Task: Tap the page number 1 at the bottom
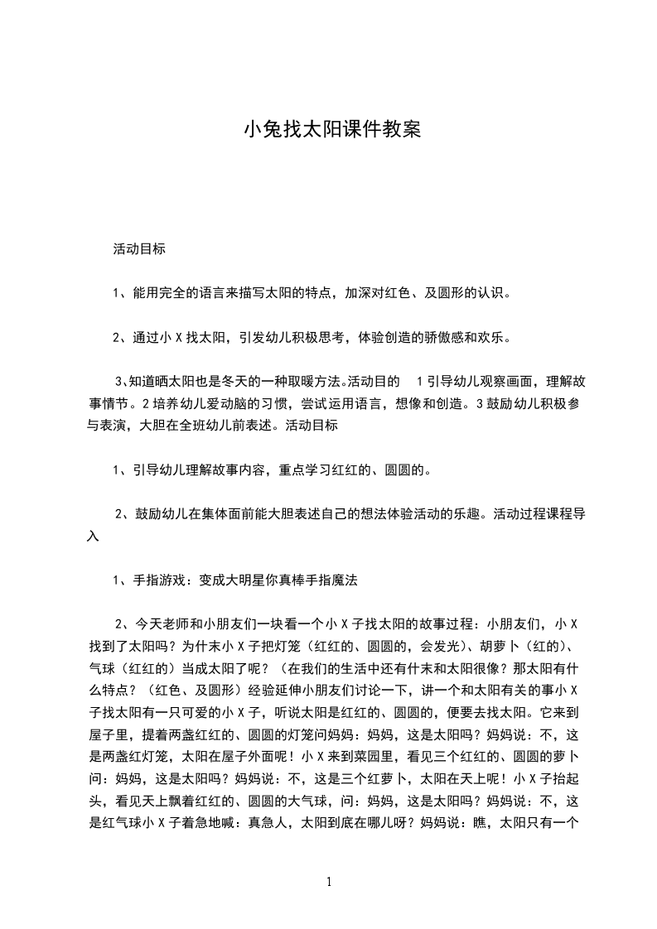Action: pyautogui.click(x=329, y=883)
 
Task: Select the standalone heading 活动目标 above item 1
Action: pyautogui.click(x=139, y=248)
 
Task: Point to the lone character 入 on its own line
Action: pyautogui.click(x=94, y=537)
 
